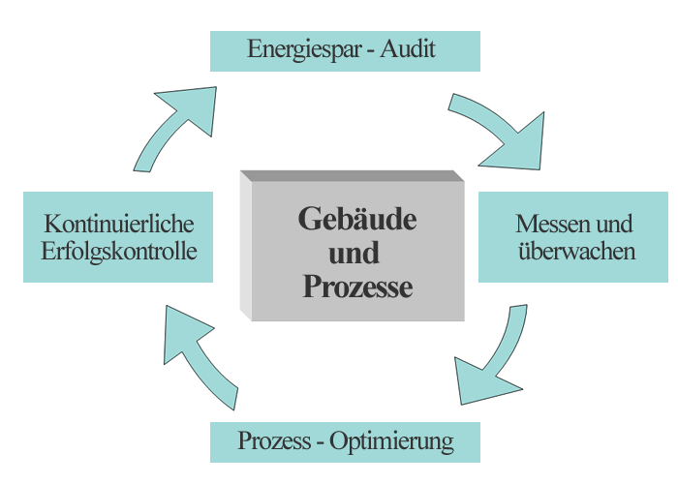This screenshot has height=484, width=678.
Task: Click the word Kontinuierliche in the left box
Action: click(119, 225)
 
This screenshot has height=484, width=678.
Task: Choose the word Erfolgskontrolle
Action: click(119, 252)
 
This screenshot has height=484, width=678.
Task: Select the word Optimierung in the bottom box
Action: click(391, 442)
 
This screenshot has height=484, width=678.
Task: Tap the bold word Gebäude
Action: click(356, 219)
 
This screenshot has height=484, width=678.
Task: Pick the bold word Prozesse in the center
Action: click(356, 287)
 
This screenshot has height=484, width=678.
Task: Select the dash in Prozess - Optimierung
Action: click(319, 443)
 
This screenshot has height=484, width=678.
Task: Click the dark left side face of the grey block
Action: click(246, 247)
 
